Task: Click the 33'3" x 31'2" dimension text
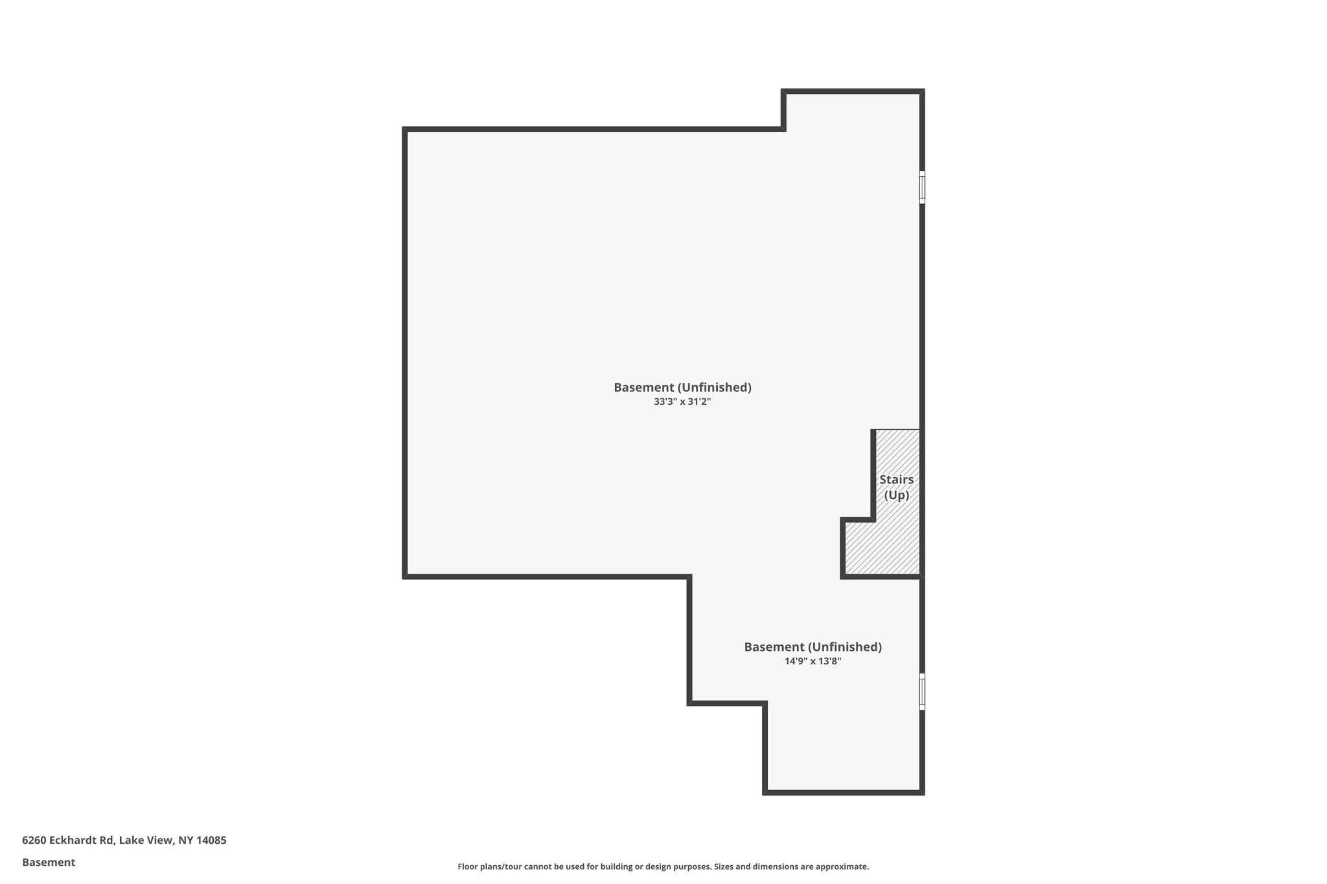[682, 402]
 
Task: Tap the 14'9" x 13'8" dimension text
[813, 661]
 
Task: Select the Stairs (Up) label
[896, 487]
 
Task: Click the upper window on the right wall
[922, 187]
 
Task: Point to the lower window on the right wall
[922, 691]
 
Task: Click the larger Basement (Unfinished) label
[682, 387]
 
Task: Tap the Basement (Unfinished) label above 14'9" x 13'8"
[813, 646]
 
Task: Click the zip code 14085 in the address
[211, 840]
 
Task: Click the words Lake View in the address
[146, 840]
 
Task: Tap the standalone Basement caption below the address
[49, 862]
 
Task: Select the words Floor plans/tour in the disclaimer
[489, 867]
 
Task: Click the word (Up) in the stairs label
[897, 495]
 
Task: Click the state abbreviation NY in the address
[186, 840]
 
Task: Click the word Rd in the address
[107, 840]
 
